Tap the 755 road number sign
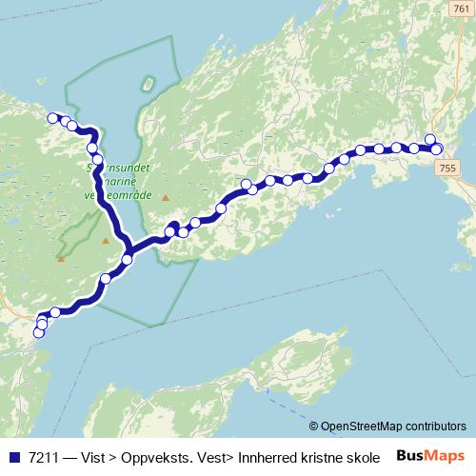pos(448,167)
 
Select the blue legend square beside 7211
pos(13,456)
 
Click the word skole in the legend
pos(358,456)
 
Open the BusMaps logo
pos(430,456)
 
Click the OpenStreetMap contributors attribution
pos(393,426)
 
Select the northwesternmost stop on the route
pos(52,118)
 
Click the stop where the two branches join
pos(128,259)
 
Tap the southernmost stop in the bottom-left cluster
pos(39,332)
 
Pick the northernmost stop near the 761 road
pos(430,140)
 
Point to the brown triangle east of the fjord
pos(165,198)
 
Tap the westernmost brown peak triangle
pos(60,258)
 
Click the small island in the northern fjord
pos(148,84)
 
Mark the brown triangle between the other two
pos(105,240)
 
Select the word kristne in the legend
pos(318,456)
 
